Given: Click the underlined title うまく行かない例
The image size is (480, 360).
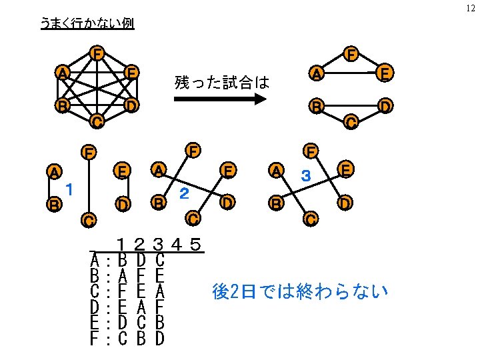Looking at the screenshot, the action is click(x=87, y=24).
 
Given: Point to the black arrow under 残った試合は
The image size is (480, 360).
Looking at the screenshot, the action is click(x=220, y=100).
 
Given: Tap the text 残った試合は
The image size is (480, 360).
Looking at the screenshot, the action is click(x=221, y=82).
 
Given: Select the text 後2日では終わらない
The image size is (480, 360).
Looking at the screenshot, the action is click(x=299, y=291).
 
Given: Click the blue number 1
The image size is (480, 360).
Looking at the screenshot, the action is click(x=69, y=189).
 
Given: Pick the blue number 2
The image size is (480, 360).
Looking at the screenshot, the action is click(x=186, y=194).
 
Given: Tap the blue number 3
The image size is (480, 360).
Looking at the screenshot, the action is click(x=305, y=177).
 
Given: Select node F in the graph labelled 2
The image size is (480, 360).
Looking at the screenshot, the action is click(x=193, y=149).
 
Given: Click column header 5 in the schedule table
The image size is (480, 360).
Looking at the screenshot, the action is click(x=195, y=244).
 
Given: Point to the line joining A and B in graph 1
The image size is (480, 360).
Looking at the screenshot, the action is click(x=53, y=188).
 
